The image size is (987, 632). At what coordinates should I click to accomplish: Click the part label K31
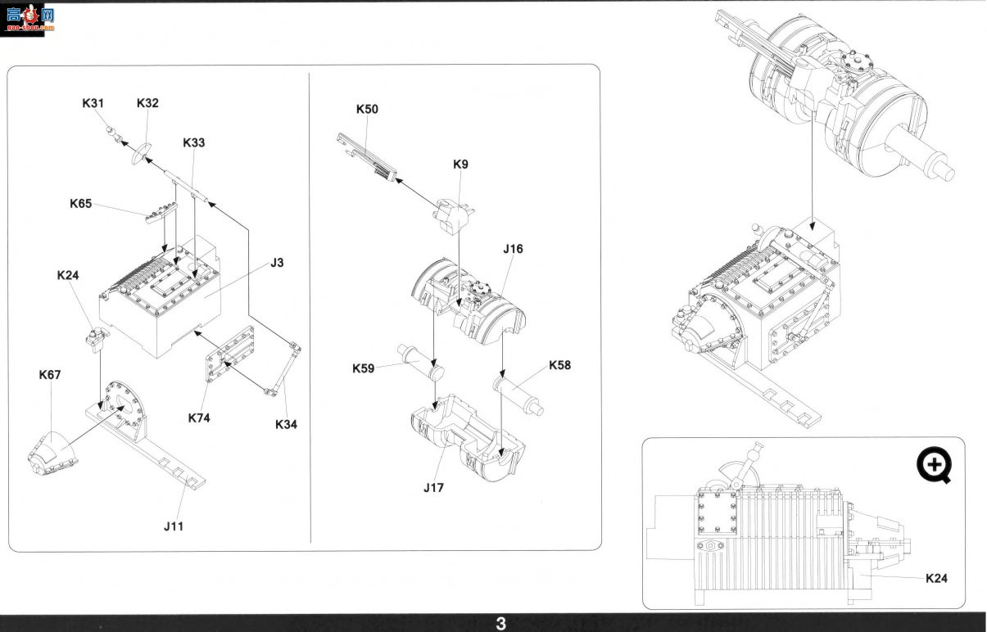tap(93, 103)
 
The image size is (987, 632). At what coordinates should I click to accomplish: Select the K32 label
tap(147, 103)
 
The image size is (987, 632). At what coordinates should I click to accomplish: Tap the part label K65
tap(81, 204)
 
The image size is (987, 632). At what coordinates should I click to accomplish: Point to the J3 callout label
tap(277, 263)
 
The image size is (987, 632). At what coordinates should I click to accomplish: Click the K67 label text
tap(50, 375)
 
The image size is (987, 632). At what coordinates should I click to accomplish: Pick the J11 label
tap(174, 526)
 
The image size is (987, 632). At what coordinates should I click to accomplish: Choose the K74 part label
tap(199, 418)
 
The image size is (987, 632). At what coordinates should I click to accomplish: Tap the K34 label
tap(287, 425)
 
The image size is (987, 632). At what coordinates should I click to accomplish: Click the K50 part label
tap(367, 109)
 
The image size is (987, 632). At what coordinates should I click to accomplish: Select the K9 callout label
tap(461, 165)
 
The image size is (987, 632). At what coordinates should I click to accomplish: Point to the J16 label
tap(514, 249)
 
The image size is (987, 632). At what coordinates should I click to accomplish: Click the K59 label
tap(364, 368)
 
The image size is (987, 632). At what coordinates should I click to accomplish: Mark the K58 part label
tap(560, 365)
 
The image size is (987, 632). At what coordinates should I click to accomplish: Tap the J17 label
tap(434, 488)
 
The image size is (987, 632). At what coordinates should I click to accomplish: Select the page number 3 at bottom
tap(501, 624)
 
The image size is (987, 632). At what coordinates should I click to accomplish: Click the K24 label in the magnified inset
tap(936, 578)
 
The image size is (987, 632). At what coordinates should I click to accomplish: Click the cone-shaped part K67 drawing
tap(52, 454)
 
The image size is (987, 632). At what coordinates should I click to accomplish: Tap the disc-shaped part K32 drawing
tap(141, 154)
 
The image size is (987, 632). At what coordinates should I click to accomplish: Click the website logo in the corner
tap(26, 19)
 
